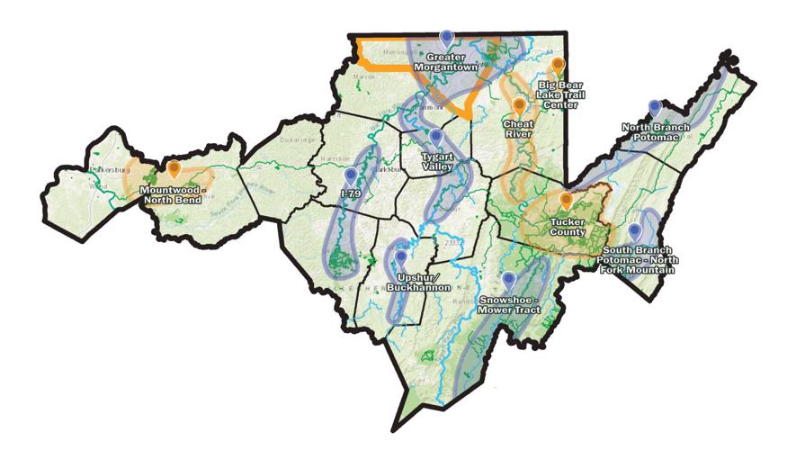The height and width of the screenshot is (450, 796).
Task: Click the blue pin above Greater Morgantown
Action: (x=447, y=38)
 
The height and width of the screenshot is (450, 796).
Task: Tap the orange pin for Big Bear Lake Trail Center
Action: (x=558, y=65)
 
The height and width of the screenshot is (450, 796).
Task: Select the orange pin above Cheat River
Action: (x=519, y=105)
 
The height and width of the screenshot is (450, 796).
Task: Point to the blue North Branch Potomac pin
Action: (x=655, y=107)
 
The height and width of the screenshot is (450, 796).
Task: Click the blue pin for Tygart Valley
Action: (x=436, y=137)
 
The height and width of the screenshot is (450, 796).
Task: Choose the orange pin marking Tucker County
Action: (x=566, y=199)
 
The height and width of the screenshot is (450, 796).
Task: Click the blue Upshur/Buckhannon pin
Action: (x=400, y=256)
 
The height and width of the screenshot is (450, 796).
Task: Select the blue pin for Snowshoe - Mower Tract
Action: (x=508, y=279)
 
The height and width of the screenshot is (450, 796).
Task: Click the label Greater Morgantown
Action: (x=445, y=61)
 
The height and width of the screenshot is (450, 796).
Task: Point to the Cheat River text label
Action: (x=519, y=129)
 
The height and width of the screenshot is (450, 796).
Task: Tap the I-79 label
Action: (x=351, y=192)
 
